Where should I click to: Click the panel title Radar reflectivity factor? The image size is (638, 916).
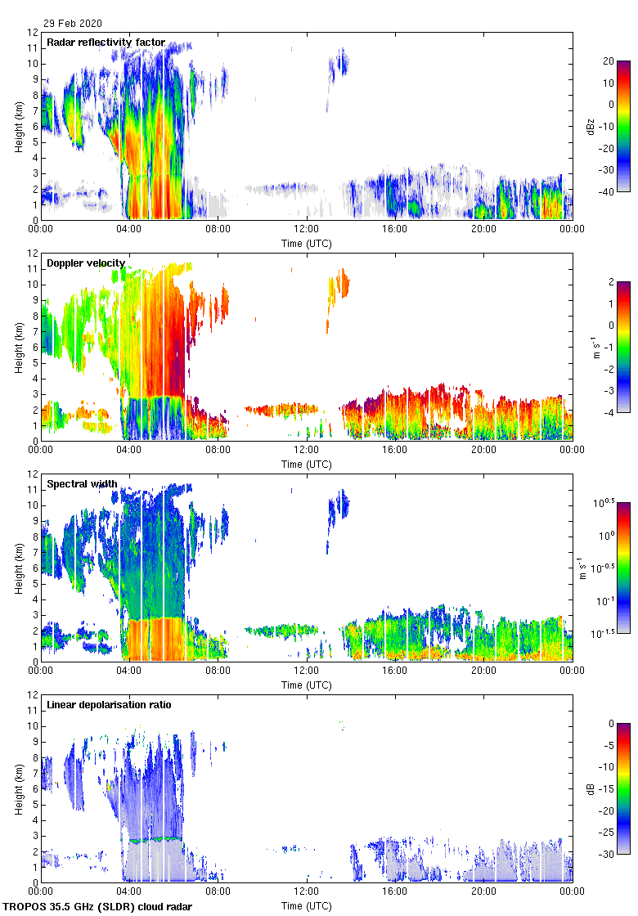point(106,43)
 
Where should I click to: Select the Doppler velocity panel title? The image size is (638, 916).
point(86,263)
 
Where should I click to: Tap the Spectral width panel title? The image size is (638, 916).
point(82,484)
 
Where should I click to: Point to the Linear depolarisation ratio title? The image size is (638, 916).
point(109,705)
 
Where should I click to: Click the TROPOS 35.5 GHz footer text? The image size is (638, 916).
point(99,907)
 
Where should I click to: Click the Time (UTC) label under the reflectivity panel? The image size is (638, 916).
point(307,243)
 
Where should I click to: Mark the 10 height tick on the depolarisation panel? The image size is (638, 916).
point(34,725)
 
